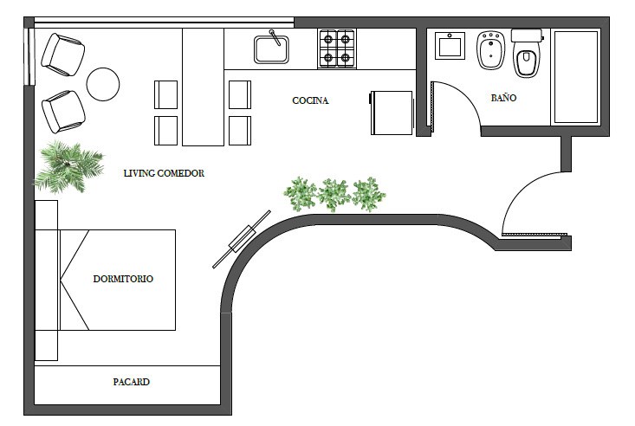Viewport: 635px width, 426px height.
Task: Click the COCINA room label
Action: tap(310, 100)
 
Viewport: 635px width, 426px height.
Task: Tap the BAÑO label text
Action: tap(503, 98)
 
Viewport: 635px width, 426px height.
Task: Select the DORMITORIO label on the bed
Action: tap(123, 279)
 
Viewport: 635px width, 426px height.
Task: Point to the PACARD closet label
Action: tap(131, 382)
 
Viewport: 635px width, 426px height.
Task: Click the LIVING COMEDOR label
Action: tap(164, 173)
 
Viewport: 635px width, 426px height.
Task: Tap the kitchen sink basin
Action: tap(271, 50)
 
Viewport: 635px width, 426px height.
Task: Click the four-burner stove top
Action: tap(337, 48)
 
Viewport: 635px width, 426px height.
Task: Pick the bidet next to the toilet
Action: tap(491, 50)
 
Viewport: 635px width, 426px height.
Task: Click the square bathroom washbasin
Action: tap(450, 46)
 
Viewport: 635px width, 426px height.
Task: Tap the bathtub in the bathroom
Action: tap(576, 77)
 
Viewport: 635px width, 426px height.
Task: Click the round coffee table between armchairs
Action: tap(103, 84)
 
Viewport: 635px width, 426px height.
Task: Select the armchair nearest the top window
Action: tap(62, 55)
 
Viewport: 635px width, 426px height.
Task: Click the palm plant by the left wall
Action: tap(68, 167)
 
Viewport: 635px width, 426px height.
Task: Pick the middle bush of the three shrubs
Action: tap(334, 194)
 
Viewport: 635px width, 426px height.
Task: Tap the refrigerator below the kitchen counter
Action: tap(392, 113)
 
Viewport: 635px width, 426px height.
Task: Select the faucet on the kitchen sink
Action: tap(275, 37)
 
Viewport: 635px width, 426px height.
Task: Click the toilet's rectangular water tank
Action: tap(527, 35)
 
